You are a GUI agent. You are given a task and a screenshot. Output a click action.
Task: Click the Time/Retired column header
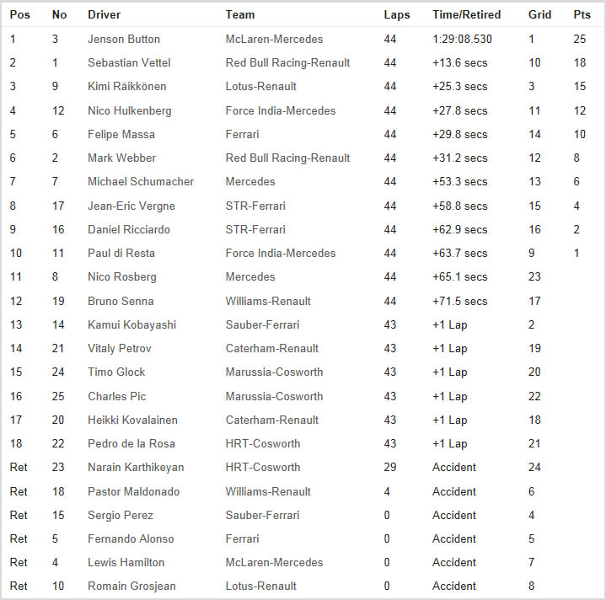pos(466,14)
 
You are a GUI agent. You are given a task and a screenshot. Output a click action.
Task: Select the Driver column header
pos(105,14)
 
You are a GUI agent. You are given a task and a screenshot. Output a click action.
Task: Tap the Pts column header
pos(582,14)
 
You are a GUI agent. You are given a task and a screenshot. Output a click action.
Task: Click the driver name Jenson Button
pos(124,39)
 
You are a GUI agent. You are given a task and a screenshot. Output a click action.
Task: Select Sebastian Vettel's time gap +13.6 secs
pos(459,62)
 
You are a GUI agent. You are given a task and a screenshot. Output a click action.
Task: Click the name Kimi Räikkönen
pos(127,86)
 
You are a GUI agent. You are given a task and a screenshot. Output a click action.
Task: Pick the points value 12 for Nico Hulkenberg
pos(579,110)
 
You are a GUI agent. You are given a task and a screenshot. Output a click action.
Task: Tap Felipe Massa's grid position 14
pos(534,134)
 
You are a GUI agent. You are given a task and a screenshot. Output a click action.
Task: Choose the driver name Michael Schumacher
pos(141,181)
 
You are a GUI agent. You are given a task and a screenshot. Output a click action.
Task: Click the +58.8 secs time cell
pos(459,206)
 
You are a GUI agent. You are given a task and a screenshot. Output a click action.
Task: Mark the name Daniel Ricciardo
pos(128,229)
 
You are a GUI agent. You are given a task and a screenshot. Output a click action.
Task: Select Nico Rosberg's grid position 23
pos(534,276)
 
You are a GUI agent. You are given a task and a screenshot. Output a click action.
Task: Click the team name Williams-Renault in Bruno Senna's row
pos(268,301)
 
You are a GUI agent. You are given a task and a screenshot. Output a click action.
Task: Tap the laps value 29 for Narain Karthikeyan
pos(389,467)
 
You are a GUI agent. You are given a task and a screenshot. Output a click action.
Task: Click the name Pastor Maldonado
pos(133,491)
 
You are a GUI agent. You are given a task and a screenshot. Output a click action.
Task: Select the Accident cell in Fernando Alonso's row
pos(454,538)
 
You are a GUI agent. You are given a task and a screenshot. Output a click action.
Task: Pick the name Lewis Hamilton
pos(126,562)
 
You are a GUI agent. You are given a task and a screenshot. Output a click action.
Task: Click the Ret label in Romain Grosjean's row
pos(19,586)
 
